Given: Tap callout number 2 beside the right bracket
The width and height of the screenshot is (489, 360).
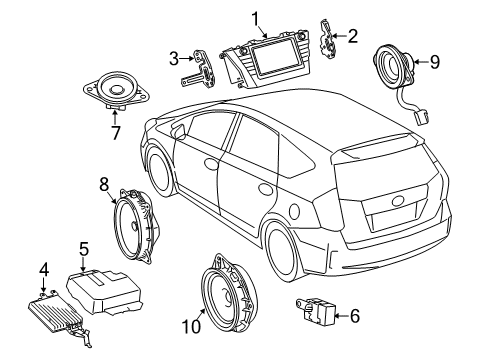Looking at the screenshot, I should point(351,36).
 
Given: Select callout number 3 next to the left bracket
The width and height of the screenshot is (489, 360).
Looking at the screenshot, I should point(174,58).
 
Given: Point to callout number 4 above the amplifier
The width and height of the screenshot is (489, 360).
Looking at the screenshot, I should point(44,268).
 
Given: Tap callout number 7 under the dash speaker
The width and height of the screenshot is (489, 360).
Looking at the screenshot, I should point(113,132).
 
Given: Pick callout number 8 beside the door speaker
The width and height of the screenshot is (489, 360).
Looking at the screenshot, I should point(104,183).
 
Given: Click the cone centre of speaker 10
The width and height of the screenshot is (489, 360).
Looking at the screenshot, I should point(229,295).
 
